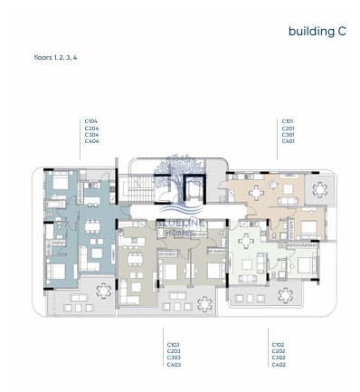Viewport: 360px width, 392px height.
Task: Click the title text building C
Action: (317, 31)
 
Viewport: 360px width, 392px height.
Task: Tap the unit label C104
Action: (90, 120)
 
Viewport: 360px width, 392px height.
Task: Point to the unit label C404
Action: (90, 142)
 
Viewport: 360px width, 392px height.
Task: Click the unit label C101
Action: (288, 120)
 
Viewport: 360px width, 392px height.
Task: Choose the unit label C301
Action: (288, 135)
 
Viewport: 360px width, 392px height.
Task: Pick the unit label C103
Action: (173, 344)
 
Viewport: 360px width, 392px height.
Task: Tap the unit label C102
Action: (279, 344)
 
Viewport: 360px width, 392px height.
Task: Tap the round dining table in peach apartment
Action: (256, 192)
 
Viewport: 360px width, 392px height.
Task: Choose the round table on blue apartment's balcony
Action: (101, 291)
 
